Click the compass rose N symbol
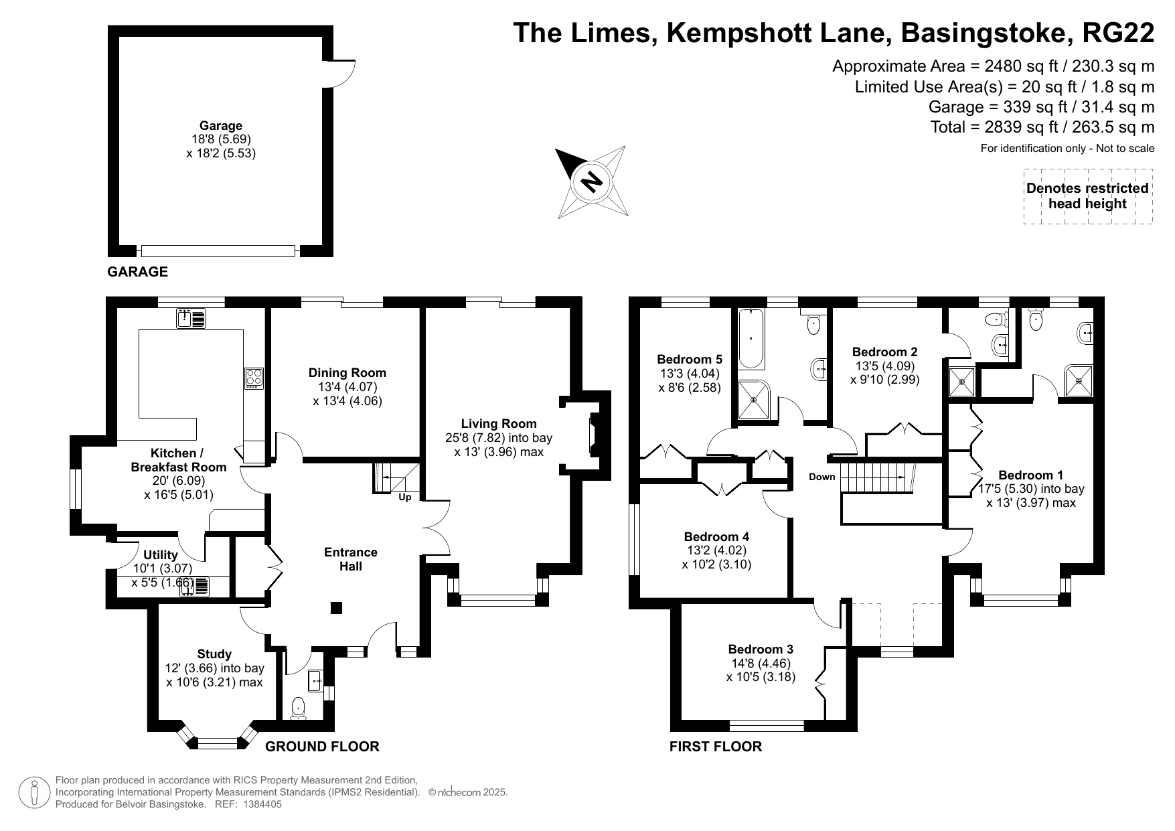[x=592, y=181]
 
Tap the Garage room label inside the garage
[x=221, y=126]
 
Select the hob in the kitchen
[x=254, y=378]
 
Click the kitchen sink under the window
[x=191, y=318]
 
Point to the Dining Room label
[x=347, y=373]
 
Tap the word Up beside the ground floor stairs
[x=405, y=498]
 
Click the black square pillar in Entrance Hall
[x=337, y=608]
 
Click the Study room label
[x=214, y=654]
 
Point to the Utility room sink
[x=200, y=587]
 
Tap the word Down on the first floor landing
[x=821, y=477]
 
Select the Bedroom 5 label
[x=690, y=359]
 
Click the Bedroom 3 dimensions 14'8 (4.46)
[x=761, y=664]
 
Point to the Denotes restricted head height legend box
[x=1087, y=196]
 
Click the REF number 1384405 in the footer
[x=258, y=804]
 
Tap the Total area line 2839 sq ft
[x=1042, y=127]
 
